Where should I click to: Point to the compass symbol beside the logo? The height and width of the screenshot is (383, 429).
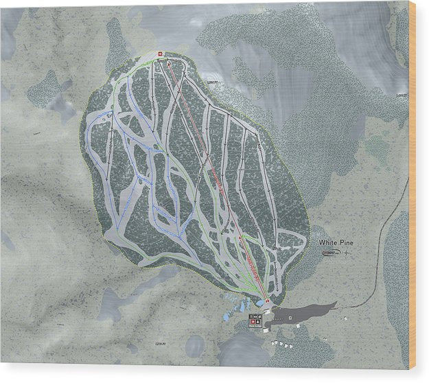(x=347, y=253)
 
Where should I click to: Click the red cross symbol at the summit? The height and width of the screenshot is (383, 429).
(x=160, y=54)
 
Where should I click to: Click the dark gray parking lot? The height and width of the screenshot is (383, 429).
(x=309, y=312)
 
